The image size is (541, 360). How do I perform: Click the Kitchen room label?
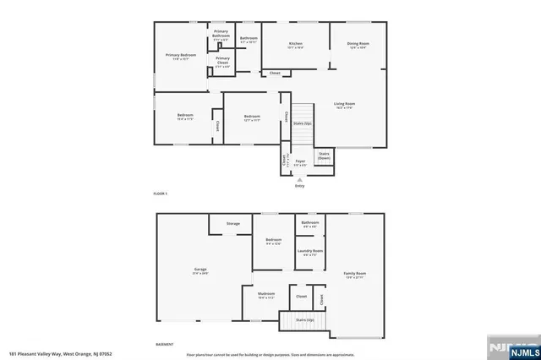(x=296, y=44)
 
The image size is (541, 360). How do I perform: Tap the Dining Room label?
(x=358, y=44)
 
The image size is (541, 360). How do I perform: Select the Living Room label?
(x=344, y=104)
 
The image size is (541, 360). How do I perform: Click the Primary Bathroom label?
(x=221, y=33)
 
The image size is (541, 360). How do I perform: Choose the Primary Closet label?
(x=222, y=59)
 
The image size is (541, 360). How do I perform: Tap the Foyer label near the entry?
(x=299, y=160)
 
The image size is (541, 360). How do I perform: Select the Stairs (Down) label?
(x=324, y=155)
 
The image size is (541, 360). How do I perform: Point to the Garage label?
(x=200, y=270)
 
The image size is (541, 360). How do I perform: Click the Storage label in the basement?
(x=232, y=223)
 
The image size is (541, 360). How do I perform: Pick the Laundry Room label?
(x=310, y=251)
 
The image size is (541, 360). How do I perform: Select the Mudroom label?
(x=266, y=295)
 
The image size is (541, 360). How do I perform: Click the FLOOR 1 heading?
(x=161, y=194)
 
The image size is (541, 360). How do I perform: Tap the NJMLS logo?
(x=511, y=348)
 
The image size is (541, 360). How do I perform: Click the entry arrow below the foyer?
(x=299, y=179)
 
